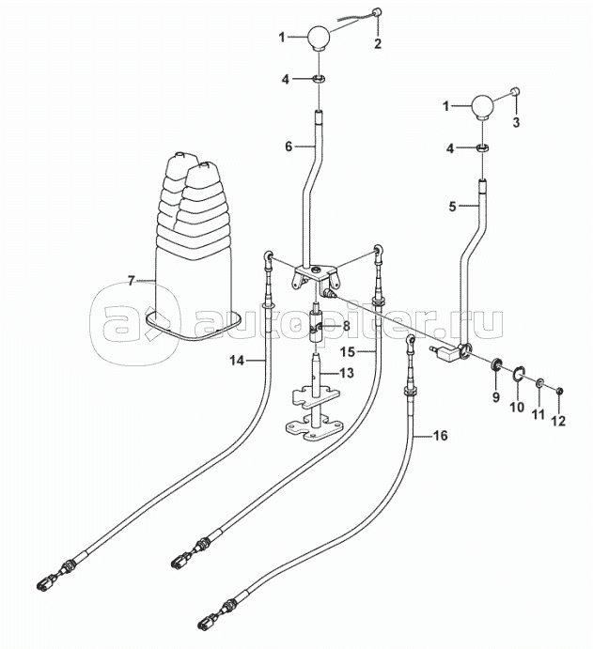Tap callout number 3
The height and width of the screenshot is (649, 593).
point(516,122)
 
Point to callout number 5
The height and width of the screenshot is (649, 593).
point(453,206)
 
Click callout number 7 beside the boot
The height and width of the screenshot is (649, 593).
point(132,280)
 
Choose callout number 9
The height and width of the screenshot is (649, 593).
point(493,395)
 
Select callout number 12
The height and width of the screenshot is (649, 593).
point(558,421)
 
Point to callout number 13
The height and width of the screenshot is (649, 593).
point(348,374)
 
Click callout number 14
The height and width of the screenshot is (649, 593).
point(237,359)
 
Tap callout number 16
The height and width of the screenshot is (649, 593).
point(440,436)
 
